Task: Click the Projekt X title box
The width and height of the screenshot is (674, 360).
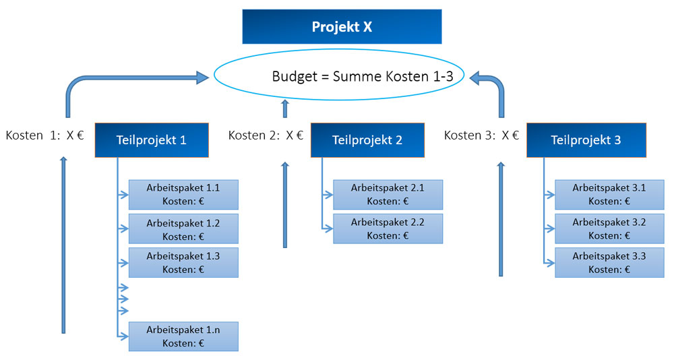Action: pyautogui.click(x=342, y=27)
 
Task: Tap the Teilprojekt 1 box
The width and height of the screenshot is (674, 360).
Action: pyautogui.click(x=152, y=140)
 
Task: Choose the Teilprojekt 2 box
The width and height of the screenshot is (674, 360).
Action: pyautogui.click(x=367, y=140)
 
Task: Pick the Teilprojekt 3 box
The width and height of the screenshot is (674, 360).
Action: pyautogui.click(x=586, y=140)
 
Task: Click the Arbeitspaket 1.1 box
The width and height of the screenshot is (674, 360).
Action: pyautogui.click(x=183, y=195)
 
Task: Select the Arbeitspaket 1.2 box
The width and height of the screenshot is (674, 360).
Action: pyautogui.click(x=183, y=229)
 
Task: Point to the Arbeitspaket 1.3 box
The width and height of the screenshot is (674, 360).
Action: pyautogui.click(x=183, y=263)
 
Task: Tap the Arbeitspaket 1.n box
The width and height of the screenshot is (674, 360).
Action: pyautogui.click(x=183, y=336)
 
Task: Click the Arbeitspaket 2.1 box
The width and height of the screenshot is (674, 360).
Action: pyautogui.click(x=388, y=195)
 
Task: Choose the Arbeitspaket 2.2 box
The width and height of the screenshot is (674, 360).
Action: pyautogui.click(x=388, y=229)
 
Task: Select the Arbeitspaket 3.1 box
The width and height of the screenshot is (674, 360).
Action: pyautogui.click(x=609, y=195)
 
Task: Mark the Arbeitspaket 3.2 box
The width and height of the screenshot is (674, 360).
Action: pyautogui.click(x=609, y=229)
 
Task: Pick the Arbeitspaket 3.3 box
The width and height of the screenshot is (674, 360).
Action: pyautogui.click(x=609, y=263)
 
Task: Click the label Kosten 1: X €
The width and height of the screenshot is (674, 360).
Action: pyautogui.click(x=44, y=136)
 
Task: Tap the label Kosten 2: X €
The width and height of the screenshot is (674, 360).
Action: pyautogui.click(x=266, y=136)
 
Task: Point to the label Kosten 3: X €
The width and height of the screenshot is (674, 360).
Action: pyautogui.click(x=481, y=136)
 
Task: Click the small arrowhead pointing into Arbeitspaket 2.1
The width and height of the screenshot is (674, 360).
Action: pyautogui.click(x=329, y=195)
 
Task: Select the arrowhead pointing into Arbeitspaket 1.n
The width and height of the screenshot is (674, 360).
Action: pyautogui.click(x=124, y=336)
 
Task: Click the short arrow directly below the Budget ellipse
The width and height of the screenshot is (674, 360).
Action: pyautogui.click(x=284, y=109)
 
